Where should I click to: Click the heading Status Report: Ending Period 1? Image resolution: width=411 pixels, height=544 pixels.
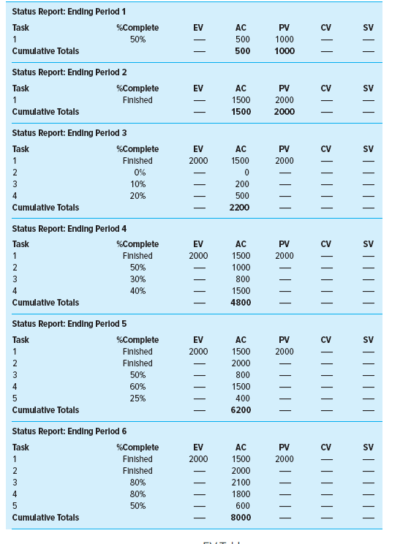pyautogui.click(x=69, y=12)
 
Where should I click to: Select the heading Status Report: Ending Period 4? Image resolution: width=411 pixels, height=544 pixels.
pyautogui.click(x=69, y=229)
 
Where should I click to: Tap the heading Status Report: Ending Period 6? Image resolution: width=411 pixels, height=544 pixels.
pyautogui.click(x=69, y=431)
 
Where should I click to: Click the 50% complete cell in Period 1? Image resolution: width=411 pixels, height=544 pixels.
pyautogui.click(x=137, y=39)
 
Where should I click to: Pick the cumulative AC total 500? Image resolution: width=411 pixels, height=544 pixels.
pyautogui.click(x=242, y=51)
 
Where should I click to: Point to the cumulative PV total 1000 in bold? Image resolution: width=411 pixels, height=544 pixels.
pyautogui.click(x=284, y=51)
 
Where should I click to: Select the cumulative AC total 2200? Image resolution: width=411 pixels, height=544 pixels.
pyautogui.click(x=241, y=208)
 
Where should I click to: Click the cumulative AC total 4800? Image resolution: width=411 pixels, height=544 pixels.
pyautogui.click(x=241, y=303)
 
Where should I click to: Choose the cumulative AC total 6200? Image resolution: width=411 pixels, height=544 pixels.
pyautogui.click(x=241, y=410)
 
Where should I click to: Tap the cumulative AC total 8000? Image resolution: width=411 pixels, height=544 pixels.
pyautogui.click(x=241, y=518)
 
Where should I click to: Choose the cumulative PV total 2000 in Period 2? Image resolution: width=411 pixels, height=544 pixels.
pyautogui.click(x=284, y=112)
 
